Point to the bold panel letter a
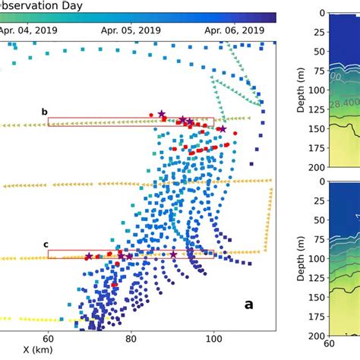click(248, 304)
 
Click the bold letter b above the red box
click(44, 112)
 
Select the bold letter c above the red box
click(45, 244)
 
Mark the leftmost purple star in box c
click(89, 257)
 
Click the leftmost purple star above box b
click(162, 114)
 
